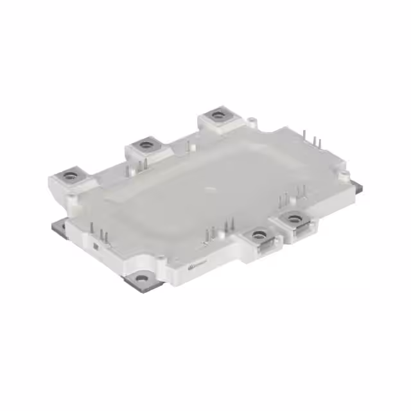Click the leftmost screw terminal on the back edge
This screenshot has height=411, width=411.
[x=70, y=173]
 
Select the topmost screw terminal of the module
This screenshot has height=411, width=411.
[x=219, y=116]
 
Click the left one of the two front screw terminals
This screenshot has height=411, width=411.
[x=259, y=235]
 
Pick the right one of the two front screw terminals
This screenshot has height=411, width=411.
[x=295, y=220]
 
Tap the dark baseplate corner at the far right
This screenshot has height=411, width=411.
[x=357, y=187]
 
